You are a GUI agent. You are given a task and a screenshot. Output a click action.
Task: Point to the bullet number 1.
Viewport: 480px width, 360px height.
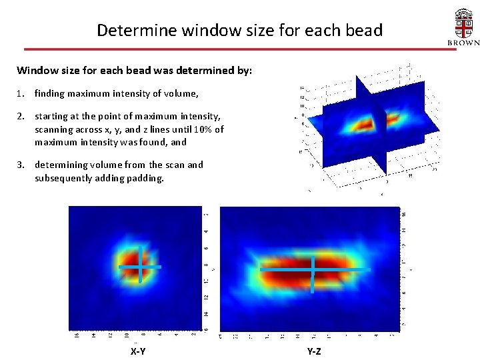tap(21, 94)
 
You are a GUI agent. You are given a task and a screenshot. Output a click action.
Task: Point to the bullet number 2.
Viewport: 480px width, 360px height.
tap(21, 116)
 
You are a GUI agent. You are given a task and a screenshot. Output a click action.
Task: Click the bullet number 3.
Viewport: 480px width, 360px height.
tap(21, 165)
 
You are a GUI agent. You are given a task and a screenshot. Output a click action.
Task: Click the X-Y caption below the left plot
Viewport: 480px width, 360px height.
tap(138, 351)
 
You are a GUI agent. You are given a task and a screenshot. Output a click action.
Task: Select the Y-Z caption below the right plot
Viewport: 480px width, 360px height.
tap(313, 351)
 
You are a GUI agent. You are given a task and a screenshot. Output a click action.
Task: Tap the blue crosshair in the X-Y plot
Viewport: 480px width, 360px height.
tap(140, 266)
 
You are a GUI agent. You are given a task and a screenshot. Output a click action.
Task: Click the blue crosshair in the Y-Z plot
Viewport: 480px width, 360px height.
tap(313, 269)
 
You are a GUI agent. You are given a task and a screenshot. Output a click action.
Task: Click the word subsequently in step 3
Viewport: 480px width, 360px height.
tap(63, 178)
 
